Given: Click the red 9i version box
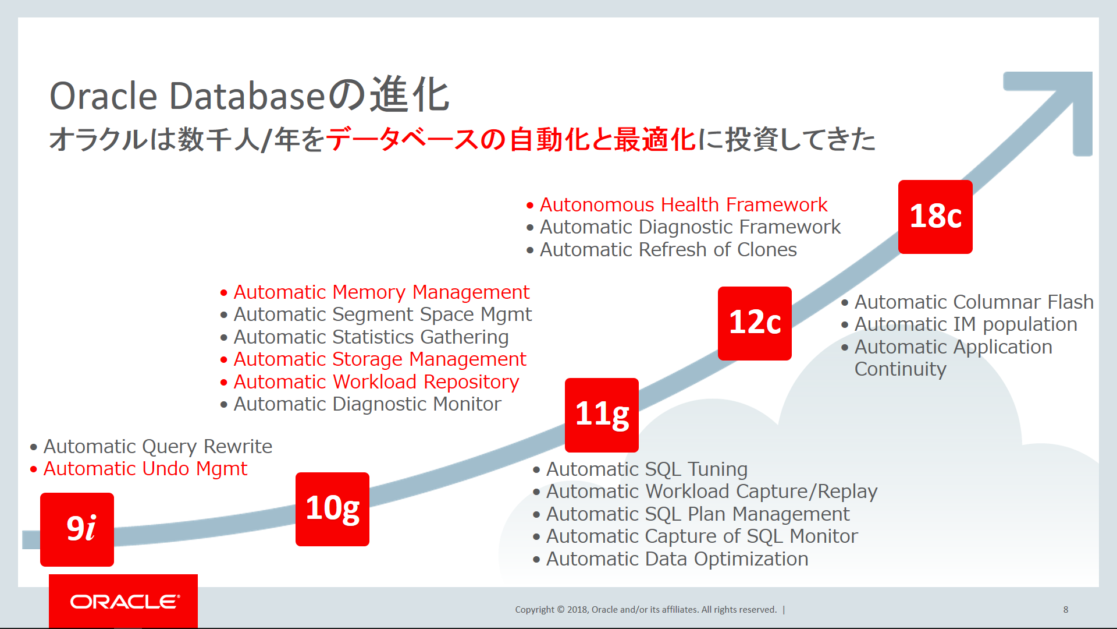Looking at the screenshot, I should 77,529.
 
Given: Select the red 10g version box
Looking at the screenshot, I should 332,508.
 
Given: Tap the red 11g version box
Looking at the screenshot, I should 602,415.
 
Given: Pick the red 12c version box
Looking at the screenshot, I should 755,323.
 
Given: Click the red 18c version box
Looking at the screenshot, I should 935,217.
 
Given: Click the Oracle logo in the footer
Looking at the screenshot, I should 123,601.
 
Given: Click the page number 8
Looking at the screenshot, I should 1065,609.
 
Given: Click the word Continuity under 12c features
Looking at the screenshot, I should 900,369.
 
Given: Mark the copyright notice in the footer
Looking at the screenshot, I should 646,609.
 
